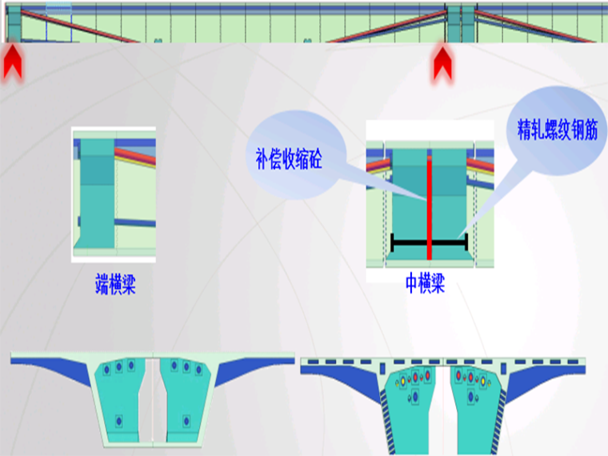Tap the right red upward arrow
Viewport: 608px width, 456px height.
coord(443,64)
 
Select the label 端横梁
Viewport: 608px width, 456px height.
coord(115,284)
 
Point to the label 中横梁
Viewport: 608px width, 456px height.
coord(424,284)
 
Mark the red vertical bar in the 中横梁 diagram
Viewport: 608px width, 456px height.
coord(430,208)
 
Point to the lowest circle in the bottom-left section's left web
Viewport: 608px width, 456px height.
coord(119,420)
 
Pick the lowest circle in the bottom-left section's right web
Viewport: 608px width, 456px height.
coord(186,420)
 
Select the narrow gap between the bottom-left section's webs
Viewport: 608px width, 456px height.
coord(154,400)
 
